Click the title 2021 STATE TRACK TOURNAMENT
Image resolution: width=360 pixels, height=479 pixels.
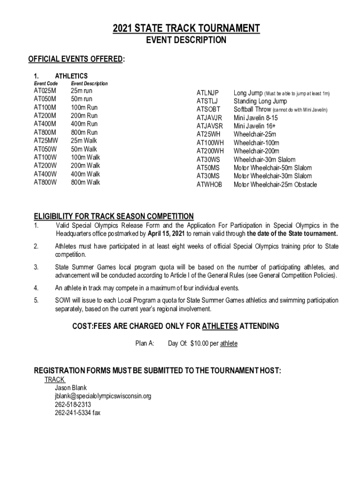click(x=186, y=29)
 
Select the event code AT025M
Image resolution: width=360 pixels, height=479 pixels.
click(x=45, y=91)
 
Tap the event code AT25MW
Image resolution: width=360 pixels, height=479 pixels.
click(x=46, y=141)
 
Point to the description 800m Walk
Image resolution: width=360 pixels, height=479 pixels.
click(x=85, y=182)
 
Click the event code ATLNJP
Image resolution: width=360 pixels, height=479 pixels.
click(x=208, y=93)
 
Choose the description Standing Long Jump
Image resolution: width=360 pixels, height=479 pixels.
click(x=260, y=102)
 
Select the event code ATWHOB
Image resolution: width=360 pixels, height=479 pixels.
click(x=209, y=185)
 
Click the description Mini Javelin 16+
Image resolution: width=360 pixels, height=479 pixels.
click(x=255, y=126)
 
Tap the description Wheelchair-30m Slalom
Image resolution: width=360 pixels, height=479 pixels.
click(x=265, y=160)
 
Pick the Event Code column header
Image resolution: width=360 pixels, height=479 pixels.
click(x=46, y=83)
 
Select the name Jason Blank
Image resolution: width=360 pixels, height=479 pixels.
click(x=71, y=388)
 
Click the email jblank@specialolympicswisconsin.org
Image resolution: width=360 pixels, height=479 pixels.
click(x=103, y=396)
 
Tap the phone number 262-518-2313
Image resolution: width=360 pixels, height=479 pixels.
click(x=73, y=405)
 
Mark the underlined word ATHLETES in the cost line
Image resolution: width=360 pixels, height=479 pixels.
click(x=221, y=326)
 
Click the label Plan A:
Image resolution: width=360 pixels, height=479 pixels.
click(x=145, y=344)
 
